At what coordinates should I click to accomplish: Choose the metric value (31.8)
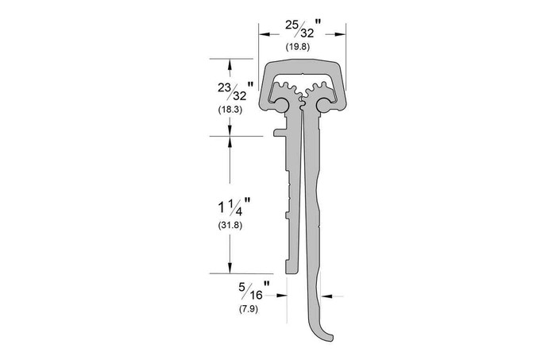pyautogui.click(x=230, y=226)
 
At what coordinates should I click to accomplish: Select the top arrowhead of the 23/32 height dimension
pyautogui.click(x=230, y=63)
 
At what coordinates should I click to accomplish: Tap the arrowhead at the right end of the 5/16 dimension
pyautogui.click(x=323, y=296)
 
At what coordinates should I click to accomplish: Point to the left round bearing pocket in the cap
pyautogui.click(x=280, y=104)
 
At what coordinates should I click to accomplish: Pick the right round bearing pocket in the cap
pyautogui.click(x=325, y=104)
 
